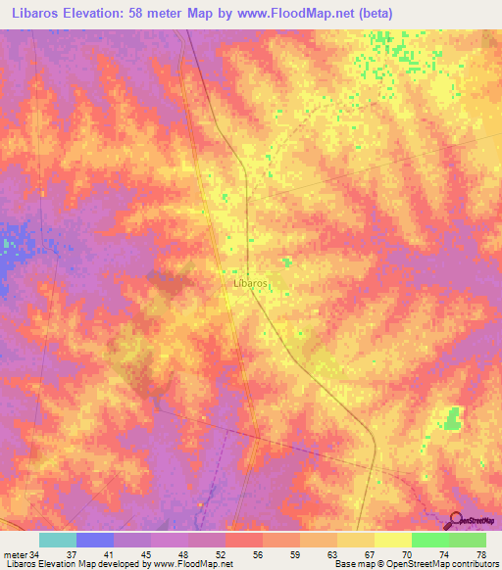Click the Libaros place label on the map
coord(251,282)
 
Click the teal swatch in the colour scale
coord(57,540)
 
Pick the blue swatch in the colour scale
coord(94,540)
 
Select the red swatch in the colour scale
coord(243,540)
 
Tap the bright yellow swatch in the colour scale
coord(392,540)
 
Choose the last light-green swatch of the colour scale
coord(467,540)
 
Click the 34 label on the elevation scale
coord(34,553)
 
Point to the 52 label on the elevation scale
coord(220,553)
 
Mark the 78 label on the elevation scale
coord(480,553)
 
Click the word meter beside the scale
coord(15,553)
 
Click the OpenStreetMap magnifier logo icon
coord(454,521)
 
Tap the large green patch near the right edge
coord(451,418)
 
